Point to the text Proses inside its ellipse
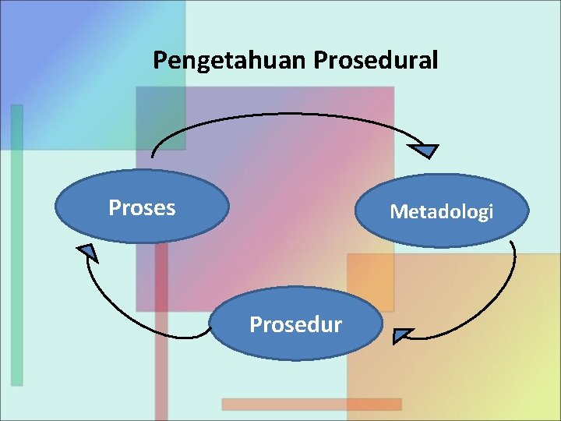(142, 207)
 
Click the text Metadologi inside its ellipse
(441, 211)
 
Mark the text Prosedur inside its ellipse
(295, 324)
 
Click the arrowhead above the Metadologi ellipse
(425, 150)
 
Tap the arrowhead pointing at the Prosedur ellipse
(401, 336)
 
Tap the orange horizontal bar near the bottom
(311, 404)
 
